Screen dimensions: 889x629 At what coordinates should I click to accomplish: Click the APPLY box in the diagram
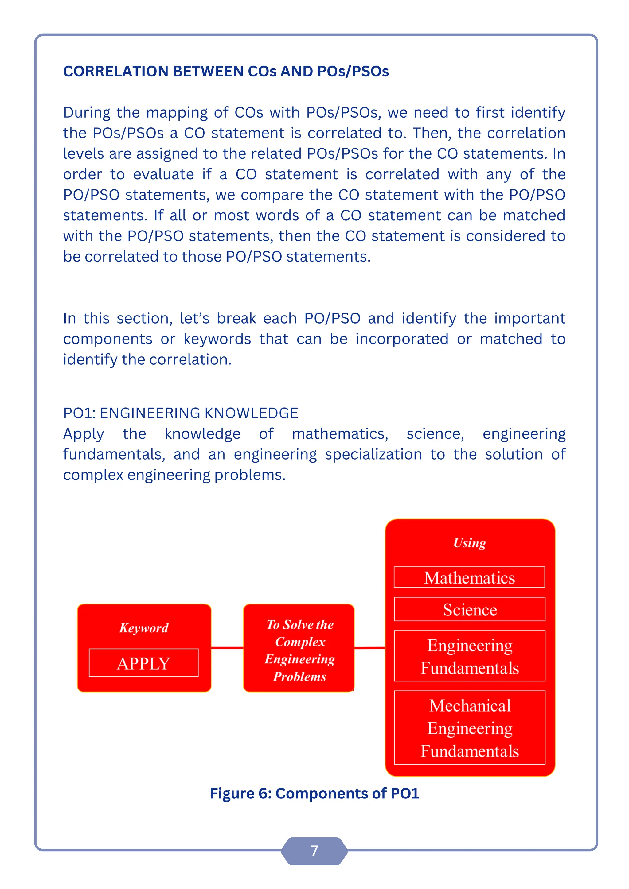point(143,663)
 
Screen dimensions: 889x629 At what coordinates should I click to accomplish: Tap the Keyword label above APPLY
point(144,628)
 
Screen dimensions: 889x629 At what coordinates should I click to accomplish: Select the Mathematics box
point(469,577)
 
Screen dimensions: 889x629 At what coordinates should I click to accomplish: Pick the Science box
point(469,609)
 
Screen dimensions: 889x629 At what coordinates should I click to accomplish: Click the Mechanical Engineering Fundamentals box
point(469,728)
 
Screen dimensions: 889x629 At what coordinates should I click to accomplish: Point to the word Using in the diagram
point(469,543)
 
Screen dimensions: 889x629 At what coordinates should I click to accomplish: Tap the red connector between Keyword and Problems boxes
point(227,647)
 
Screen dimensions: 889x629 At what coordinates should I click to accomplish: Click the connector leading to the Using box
point(369,647)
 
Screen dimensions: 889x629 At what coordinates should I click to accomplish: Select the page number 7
point(314,851)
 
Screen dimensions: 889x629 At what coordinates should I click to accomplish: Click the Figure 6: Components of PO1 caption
point(314,793)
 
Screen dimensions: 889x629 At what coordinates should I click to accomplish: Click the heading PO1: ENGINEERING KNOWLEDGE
point(181,413)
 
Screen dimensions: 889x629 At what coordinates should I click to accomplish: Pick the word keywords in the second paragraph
point(217,339)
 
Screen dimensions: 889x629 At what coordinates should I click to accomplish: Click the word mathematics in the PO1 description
point(340,434)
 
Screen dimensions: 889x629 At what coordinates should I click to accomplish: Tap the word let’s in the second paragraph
point(194,319)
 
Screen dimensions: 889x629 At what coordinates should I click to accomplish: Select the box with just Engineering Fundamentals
point(469,657)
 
